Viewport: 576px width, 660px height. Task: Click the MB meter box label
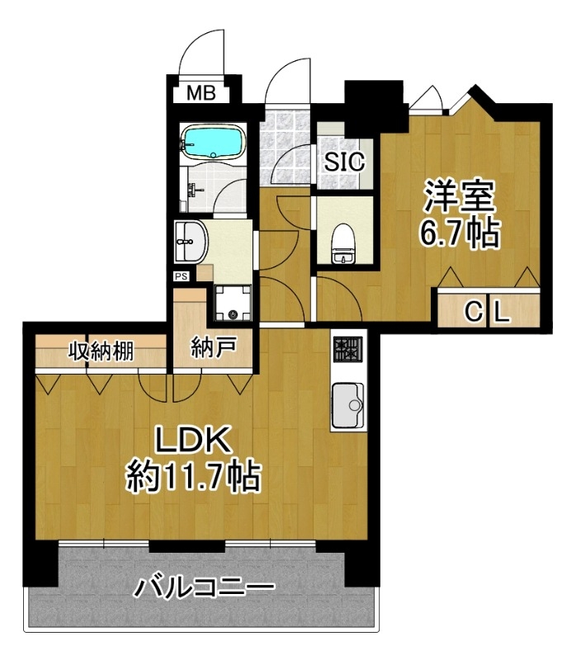(201, 92)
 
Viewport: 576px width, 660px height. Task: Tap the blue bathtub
(213, 142)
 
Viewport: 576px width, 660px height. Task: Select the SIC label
(344, 161)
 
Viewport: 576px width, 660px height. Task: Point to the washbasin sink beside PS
(191, 242)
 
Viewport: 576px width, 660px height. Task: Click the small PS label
(182, 276)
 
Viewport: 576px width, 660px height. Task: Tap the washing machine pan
(233, 303)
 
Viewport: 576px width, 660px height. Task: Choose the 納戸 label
(214, 347)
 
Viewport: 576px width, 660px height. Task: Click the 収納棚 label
(101, 351)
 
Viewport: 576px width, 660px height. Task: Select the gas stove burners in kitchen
(347, 349)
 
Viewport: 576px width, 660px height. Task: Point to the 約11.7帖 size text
(193, 477)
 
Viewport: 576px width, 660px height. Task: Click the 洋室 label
(460, 196)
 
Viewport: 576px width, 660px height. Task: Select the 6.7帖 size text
(460, 233)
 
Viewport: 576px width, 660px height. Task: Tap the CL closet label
(488, 312)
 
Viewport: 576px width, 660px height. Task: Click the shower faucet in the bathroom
(194, 191)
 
